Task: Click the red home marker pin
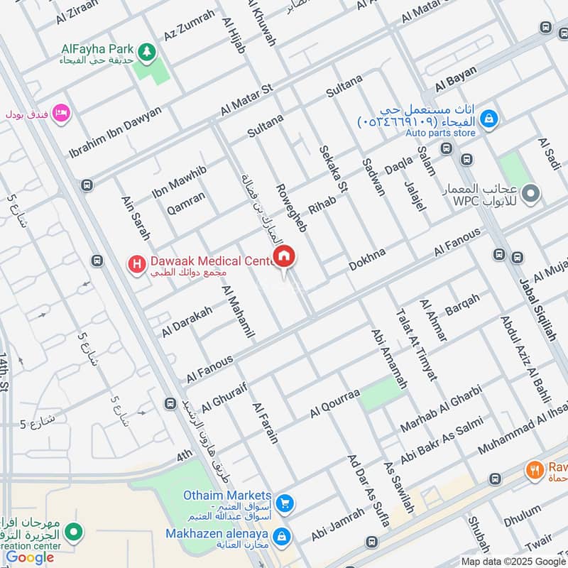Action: (x=285, y=257)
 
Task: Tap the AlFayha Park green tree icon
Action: (x=147, y=51)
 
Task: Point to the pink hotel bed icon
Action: (x=61, y=112)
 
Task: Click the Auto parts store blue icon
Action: (x=488, y=120)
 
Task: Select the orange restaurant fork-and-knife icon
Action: (x=534, y=469)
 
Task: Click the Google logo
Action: (x=31, y=558)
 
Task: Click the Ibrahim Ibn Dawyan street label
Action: (x=115, y=132)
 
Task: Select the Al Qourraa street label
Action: (x=335, y=403)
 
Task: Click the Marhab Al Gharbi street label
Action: (x=441, y=408)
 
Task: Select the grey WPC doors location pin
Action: (x=531, y=192)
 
